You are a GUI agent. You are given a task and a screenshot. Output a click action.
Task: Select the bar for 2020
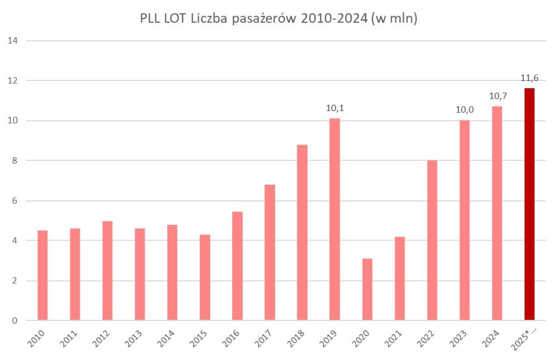coord(367,290)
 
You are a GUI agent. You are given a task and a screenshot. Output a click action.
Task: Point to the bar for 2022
coord(432,241)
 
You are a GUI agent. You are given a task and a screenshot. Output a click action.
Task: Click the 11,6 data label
coord(530,78)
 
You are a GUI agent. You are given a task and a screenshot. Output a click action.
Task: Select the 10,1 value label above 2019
coord(335,108)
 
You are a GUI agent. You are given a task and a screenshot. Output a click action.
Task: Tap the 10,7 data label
coord(497,95)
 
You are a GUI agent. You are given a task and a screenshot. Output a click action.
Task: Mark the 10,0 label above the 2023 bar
coord(464,109)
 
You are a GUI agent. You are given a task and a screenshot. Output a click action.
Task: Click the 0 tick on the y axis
coord(14,321)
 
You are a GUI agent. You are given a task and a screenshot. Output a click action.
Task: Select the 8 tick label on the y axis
coord(14,161)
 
